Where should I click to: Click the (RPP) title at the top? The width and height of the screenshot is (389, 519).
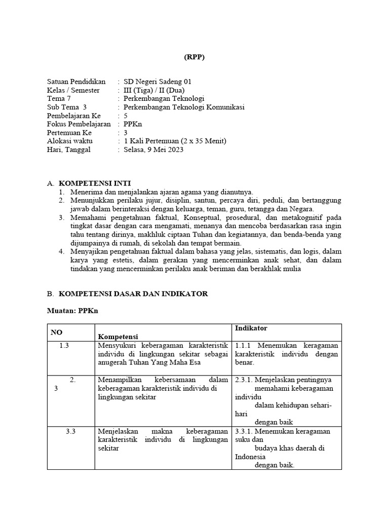coord(194,57)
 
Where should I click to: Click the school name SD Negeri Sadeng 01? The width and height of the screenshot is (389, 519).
coord(158,82)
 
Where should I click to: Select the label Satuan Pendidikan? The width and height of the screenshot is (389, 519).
coord(76,82)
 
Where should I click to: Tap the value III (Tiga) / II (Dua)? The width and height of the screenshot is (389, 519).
coord(155,90)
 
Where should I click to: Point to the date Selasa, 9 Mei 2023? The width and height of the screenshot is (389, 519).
coord(153,150)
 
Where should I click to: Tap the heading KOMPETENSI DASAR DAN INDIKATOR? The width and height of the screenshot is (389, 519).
coord(133,294)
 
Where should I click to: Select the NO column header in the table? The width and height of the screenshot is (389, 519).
coord(56,332)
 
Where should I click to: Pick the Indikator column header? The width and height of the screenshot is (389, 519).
coord(251,329)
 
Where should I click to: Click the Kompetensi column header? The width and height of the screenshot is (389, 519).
coord(118,337)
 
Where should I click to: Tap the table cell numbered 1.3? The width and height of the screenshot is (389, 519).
coord(64,346)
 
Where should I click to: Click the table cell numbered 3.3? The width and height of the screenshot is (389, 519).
coord(71,431)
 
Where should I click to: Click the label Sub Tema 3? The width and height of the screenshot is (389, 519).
coord(67,107)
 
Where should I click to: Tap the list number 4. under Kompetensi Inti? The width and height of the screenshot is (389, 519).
coord(61,251)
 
